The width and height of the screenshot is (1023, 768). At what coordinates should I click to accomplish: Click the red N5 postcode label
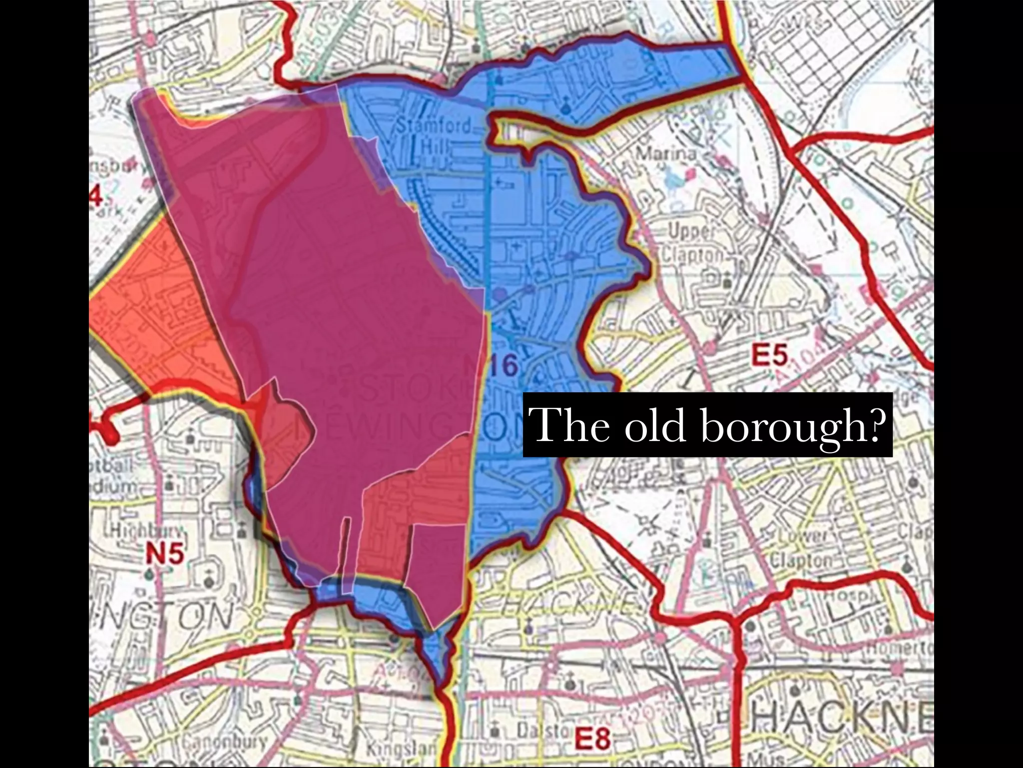165,554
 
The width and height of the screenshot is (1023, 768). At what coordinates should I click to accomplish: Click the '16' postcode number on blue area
506,366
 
